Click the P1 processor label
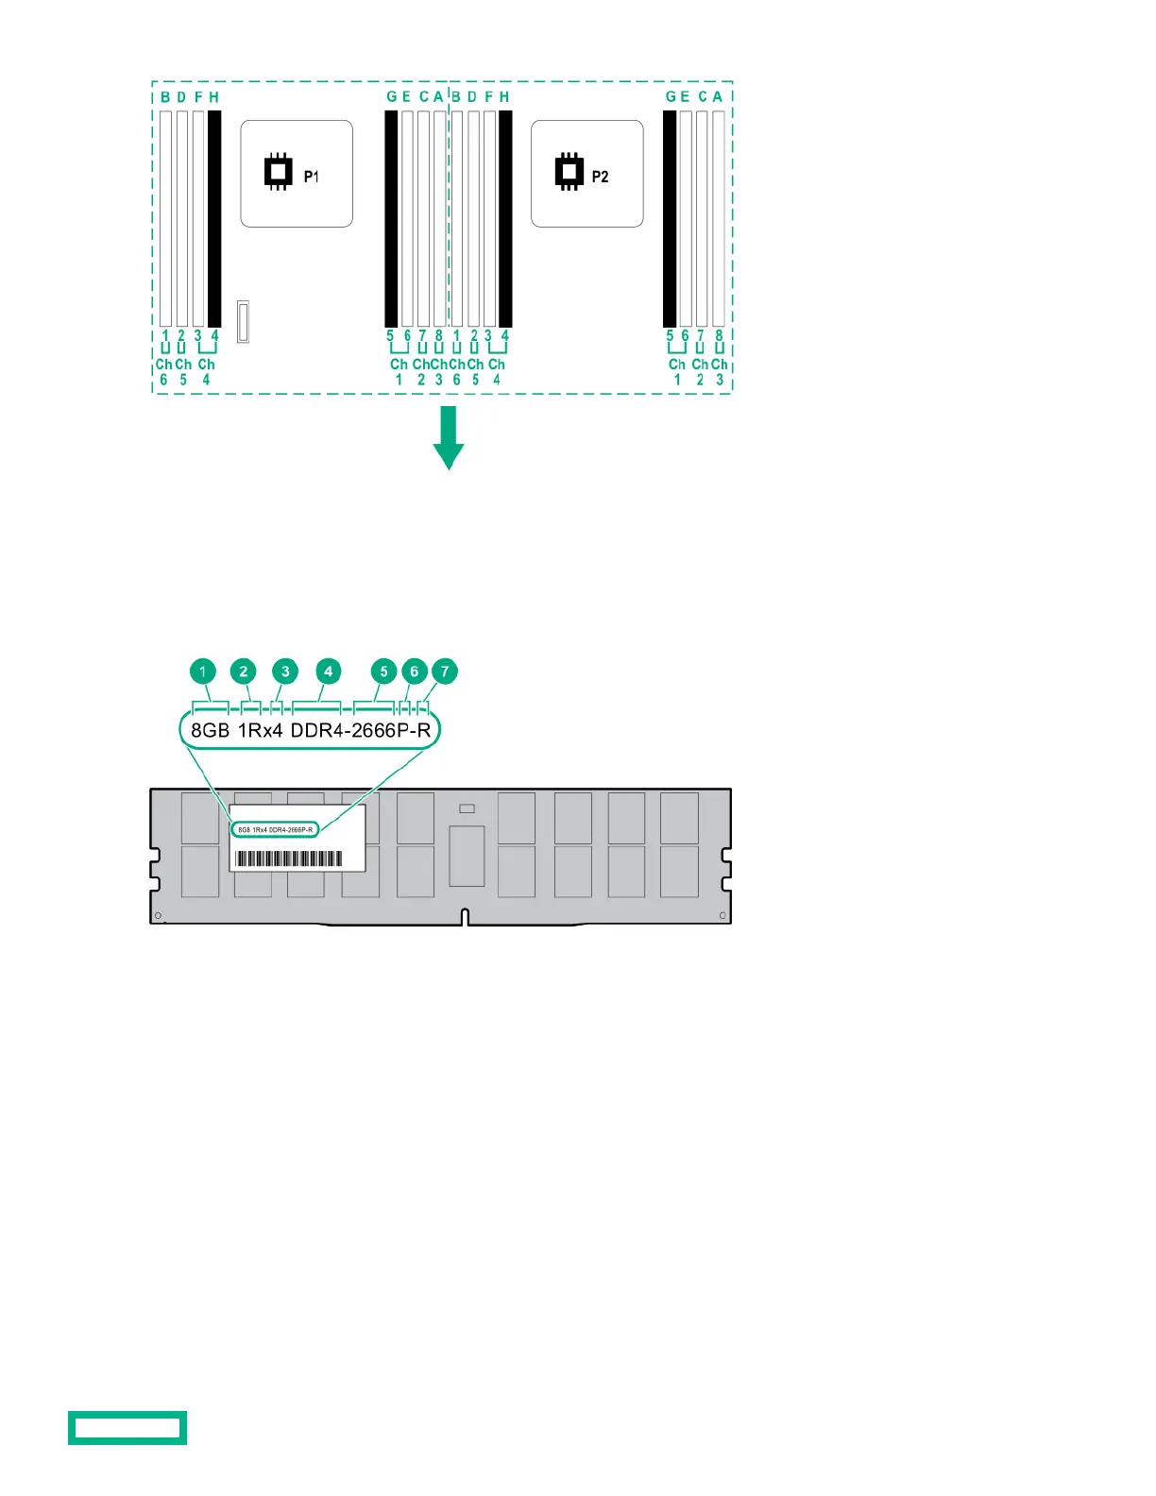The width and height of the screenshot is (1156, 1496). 311,177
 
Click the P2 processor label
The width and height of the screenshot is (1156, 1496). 600,177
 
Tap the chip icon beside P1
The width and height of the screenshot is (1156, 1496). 277,171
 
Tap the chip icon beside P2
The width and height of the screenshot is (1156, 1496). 569,171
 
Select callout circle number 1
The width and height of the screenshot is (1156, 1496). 203,671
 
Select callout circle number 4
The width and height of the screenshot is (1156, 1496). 328,671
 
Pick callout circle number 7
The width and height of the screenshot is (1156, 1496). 445,671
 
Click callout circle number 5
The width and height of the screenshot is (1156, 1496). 383,671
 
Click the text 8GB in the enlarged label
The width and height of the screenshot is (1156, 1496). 210,730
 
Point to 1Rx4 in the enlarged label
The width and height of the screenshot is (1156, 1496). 260,730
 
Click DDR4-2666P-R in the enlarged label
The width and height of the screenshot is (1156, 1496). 360,730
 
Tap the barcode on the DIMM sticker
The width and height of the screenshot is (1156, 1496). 289,858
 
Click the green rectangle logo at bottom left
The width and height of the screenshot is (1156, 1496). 127,1427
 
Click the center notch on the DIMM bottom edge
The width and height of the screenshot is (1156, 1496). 465,917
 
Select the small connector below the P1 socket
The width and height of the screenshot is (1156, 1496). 243,322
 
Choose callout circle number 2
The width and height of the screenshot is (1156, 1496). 244,671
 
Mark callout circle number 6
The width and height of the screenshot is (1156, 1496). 414,671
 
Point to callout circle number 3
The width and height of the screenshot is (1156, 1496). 285,671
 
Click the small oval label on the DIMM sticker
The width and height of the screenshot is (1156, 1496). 275,829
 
